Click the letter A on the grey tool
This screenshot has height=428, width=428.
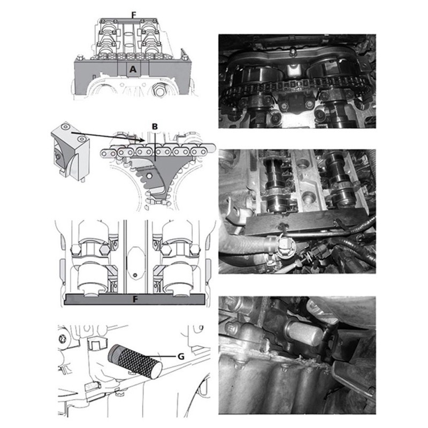[x=133, y=69]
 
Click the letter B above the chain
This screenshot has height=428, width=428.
[x=155, y=127]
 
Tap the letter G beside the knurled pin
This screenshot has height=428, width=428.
[x=181, y=356]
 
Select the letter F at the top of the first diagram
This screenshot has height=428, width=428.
[x=133, y=15]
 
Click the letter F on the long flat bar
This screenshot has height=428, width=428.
[x=135, y=300]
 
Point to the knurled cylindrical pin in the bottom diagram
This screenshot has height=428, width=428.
[x=135, y=361]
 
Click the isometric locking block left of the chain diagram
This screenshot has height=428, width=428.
[x=70, y=151]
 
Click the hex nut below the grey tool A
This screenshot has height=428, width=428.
[x=159, y=90]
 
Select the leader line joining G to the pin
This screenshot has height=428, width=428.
[x=161, y=356]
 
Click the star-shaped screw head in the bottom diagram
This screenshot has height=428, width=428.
[x=62, y=339]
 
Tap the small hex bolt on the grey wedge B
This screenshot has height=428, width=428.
[x=149, y=175]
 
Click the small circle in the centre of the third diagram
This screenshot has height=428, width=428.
[x=134, y=274]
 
